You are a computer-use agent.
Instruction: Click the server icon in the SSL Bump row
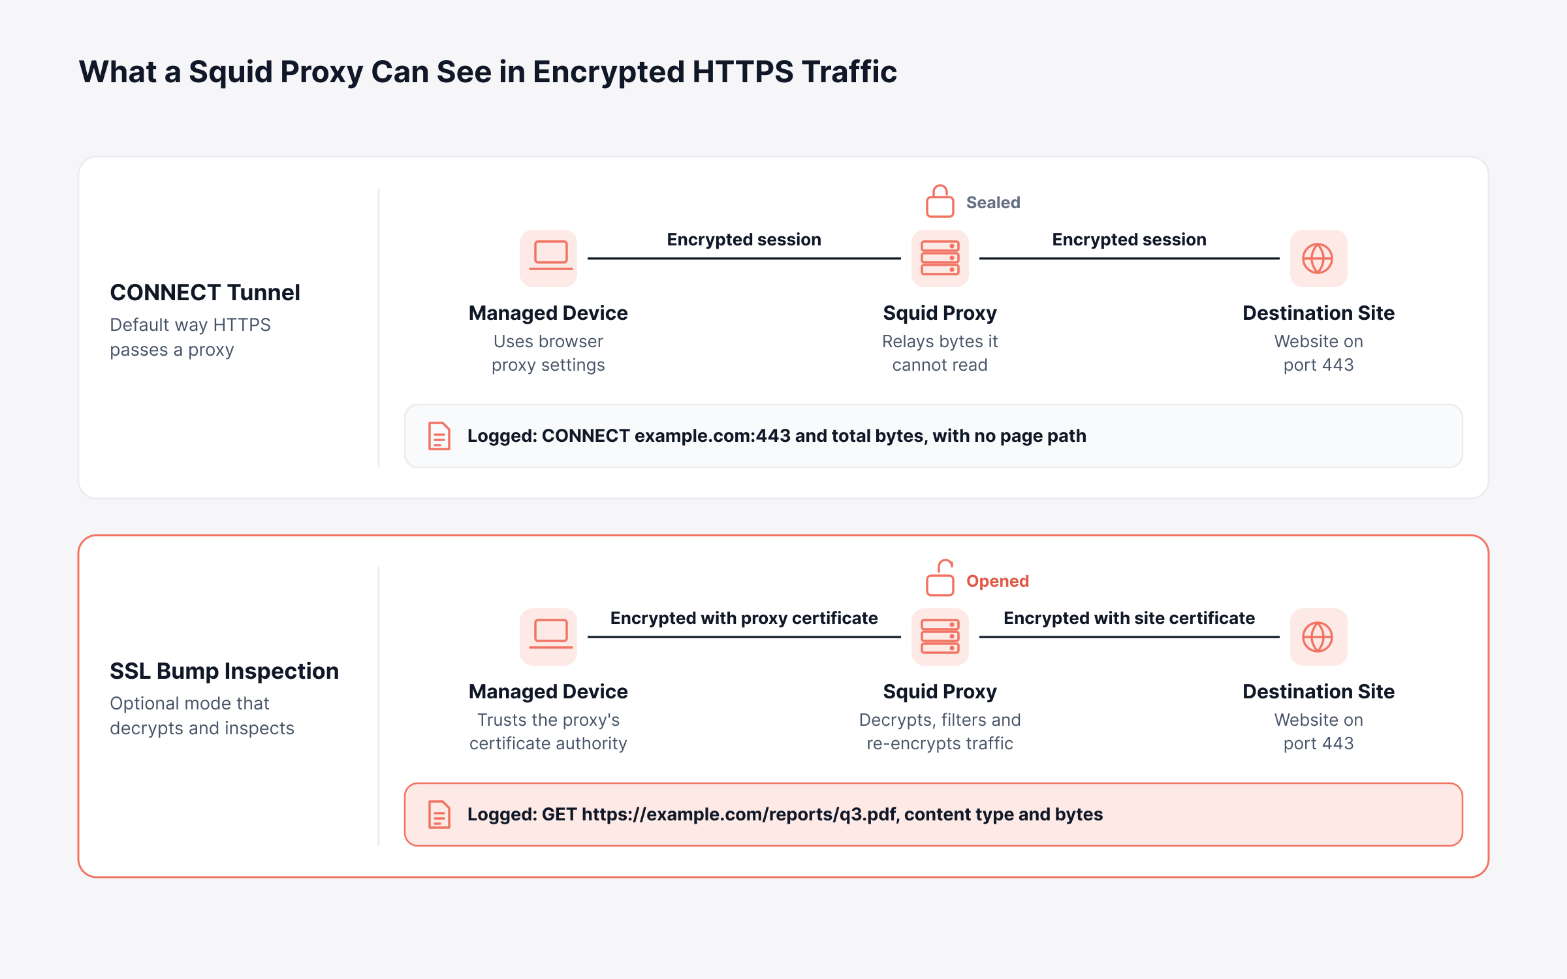(x=940, y=636)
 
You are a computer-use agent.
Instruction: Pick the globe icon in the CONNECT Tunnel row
(x=1318, y=258)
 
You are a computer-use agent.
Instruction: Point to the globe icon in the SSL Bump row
(x=1318, y=636)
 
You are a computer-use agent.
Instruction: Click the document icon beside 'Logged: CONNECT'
(x=439, y=436)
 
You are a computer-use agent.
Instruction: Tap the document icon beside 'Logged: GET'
(x=439, y=815)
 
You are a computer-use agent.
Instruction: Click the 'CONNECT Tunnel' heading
(x=205, y=292)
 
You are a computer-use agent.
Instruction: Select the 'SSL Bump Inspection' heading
(x=225, y=671)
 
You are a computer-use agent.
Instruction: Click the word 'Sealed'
(x=993, y=202)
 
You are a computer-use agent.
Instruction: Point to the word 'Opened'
(x=998, y=581)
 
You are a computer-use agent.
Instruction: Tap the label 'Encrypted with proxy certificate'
(x=744, y=618)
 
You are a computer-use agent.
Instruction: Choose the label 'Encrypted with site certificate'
(x=1130, y=618)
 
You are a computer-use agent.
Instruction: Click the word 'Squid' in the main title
(x=229, y=72)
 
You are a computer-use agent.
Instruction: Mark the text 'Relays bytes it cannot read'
(x=940, y=353)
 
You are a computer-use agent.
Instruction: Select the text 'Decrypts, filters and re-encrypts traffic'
(x=940, y=732)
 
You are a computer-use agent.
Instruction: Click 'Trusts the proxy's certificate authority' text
(x=548, y=732)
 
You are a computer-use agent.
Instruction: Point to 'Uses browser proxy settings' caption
(x=548, y=353)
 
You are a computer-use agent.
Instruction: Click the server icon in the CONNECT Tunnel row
(x=940, y=258)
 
